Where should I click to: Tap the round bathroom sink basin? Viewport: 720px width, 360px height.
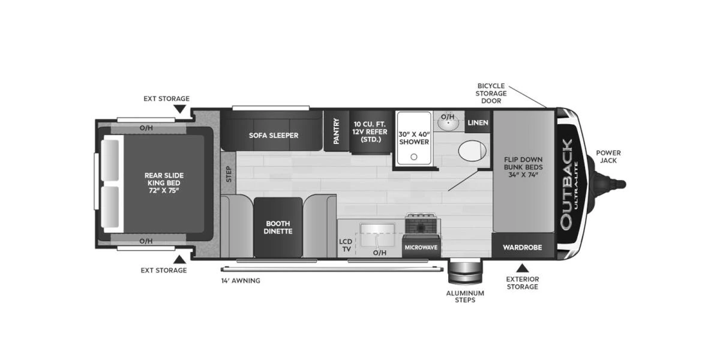447,124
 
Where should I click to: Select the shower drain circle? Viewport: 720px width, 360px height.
413,157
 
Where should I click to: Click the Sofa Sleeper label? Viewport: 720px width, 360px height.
274,135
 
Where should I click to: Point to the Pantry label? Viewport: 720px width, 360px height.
337,130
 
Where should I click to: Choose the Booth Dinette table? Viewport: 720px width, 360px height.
278,227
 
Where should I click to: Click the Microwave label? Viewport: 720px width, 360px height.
420,247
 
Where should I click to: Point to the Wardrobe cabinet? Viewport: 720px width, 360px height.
522,247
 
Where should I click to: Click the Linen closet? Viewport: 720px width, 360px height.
478,122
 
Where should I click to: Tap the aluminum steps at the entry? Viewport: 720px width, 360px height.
464,273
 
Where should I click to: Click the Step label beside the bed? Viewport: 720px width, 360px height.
228,174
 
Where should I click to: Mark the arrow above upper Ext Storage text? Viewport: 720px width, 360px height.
179,109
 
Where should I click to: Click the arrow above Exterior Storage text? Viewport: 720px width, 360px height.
522,268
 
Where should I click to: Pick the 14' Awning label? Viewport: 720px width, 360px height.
241,280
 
